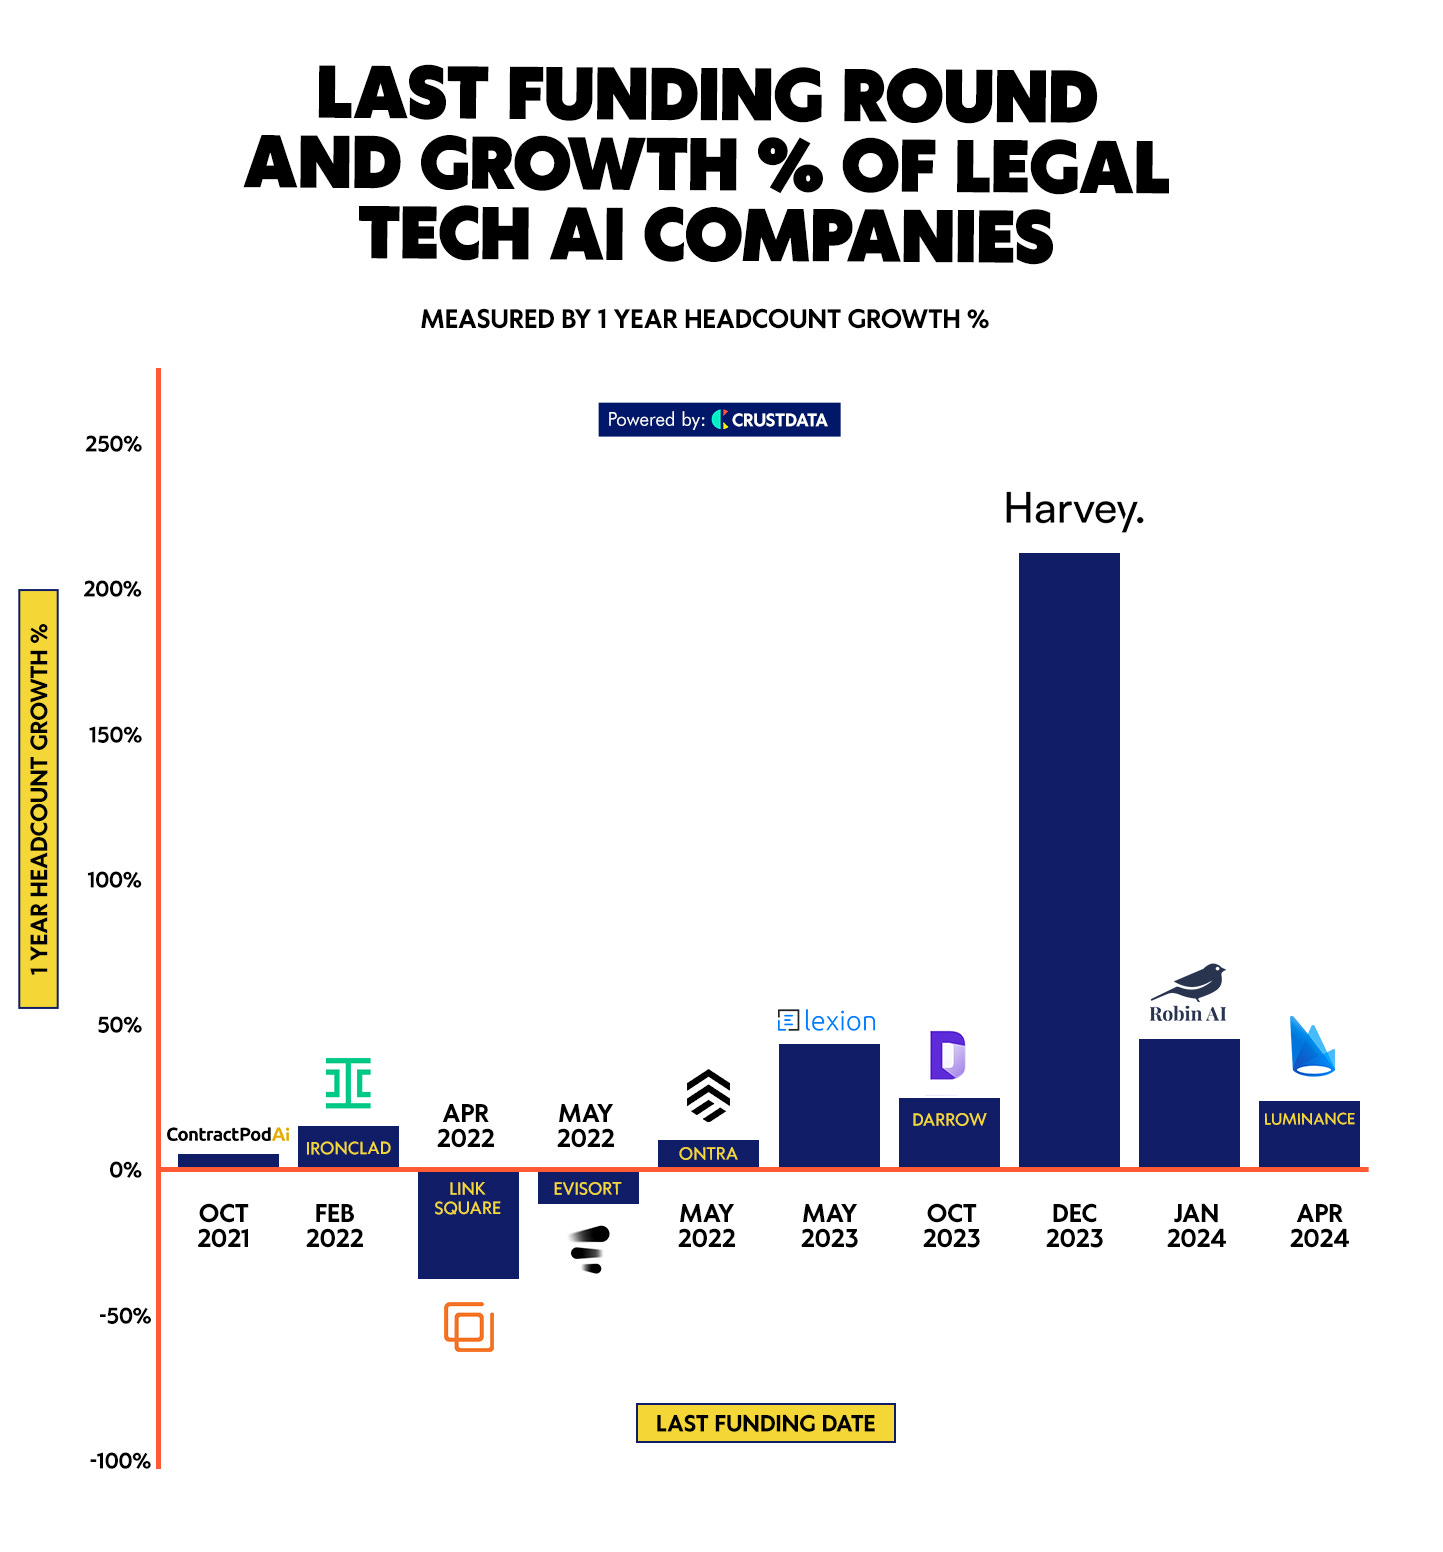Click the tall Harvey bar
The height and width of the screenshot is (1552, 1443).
[1069, 860]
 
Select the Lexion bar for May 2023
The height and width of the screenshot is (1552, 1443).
[829, 1105]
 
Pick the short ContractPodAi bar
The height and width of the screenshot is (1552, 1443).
[228, 1160]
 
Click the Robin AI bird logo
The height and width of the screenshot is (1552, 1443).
[1190, 982]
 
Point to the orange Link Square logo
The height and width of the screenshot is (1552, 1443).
[469, 1327]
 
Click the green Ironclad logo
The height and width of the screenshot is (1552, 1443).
[348, 1083]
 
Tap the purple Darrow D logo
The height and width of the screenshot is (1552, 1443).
[947, 1055]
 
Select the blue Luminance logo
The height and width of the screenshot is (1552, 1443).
[1311, 1047]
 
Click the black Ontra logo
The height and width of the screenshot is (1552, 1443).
[708, 1095]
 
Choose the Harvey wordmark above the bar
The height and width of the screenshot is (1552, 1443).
[1073, 509]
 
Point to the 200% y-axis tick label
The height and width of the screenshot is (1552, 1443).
[113, 589]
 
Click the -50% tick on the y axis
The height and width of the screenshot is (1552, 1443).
[125, 1316]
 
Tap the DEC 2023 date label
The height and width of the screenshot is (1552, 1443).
[1074, 1226]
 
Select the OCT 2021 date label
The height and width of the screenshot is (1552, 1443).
[223, 1226]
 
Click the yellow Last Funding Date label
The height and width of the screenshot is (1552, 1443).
[765, 1423]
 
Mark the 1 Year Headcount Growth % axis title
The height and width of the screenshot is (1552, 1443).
[39, 799]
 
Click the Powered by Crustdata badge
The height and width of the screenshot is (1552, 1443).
[719, 420]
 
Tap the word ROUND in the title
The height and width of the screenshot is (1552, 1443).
[969, 97]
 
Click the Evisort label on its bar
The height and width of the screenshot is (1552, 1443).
[587, 1189]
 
